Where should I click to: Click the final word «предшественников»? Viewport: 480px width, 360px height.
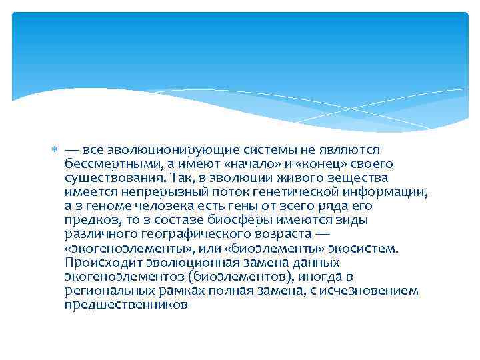coord(127,305)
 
